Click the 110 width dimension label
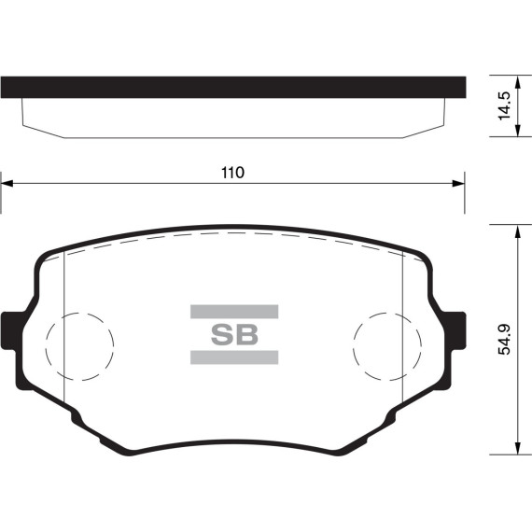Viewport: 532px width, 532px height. coord(231,172)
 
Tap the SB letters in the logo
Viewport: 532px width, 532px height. coord(234,334)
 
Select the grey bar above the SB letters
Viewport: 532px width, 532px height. coord(234,311)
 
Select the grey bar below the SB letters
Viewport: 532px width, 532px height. coord(234,357)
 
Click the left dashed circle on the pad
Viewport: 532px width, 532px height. coord(80,344)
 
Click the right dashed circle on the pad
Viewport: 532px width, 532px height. coord(385,344)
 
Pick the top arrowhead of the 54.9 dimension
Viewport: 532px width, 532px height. coord(517,230)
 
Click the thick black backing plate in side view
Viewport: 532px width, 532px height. coord(232,86)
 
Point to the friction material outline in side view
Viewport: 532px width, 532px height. coord(232,136)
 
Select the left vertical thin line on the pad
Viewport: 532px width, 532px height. coord(62,327)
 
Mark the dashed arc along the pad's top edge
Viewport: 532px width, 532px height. coord(232,233)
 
